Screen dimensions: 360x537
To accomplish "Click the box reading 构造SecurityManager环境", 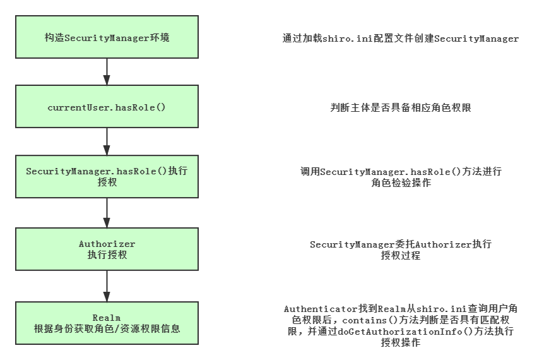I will pos(107,38).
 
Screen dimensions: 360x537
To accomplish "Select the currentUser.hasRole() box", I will pos(107,107).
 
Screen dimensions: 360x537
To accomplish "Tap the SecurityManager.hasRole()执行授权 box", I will pos(107,177).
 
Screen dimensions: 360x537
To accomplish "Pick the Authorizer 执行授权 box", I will pos(107,249).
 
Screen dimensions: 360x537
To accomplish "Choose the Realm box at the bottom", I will pos(107,323).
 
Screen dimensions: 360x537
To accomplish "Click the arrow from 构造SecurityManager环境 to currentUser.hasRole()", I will pos(107,72).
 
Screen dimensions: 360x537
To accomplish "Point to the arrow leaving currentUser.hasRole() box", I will pos(107,141).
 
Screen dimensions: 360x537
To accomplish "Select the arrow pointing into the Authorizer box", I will pos(107,213).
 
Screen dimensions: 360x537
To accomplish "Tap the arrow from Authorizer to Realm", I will pos(107,286).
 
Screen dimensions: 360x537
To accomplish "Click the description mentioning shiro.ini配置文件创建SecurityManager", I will pos(401,39).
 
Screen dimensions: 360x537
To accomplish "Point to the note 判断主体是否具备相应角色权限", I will pos(401,108).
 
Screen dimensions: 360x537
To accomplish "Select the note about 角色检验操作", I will pos(401,177).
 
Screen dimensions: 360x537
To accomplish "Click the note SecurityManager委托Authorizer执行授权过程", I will pos(401,250).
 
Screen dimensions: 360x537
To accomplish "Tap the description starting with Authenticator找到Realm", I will pos(401,326).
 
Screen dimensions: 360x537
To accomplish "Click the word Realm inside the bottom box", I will pos(107,317).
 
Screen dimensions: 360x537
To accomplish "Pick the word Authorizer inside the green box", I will pos(107,244).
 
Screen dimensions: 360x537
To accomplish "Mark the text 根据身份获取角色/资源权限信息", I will pos(107,328).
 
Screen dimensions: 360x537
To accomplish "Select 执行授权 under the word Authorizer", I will pos(107,255).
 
